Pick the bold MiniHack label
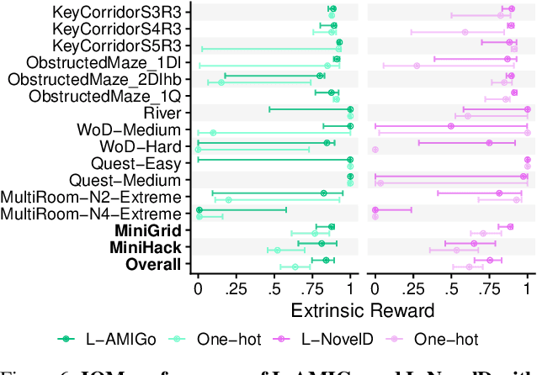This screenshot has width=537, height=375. coord(146,247)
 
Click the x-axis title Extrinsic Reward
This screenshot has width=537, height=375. coord(362,309)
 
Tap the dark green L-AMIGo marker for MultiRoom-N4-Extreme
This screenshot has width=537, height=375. coord(199,210)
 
